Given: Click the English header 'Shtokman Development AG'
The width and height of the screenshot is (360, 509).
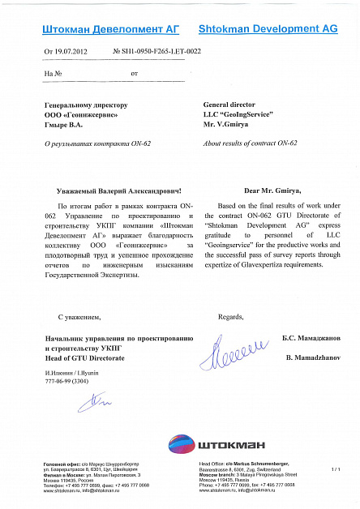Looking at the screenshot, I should [x=268, y=28].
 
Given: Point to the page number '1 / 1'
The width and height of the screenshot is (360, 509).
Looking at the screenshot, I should [x=336, y=468].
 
